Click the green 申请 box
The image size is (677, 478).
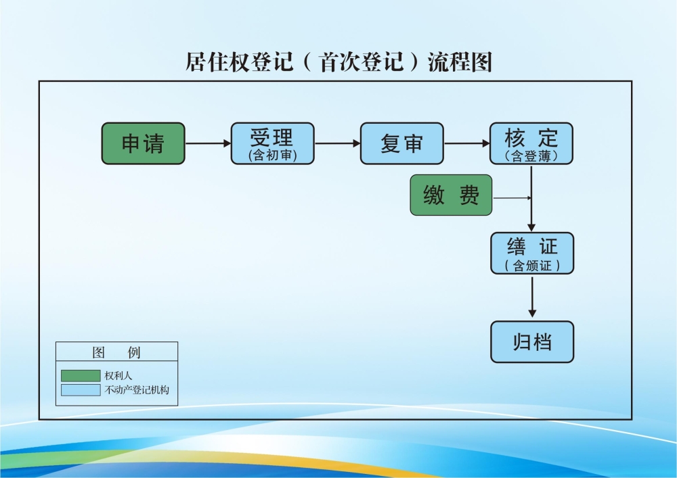pyautogui.click(x=143, y=143)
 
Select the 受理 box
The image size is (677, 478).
pyautogui.click(x=273, y=143)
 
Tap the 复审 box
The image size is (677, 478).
pyautogui.click(x=402, y=143)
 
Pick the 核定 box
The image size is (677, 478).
pyautogui.click(x=531, y=143)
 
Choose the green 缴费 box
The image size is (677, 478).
pyautogui.click(x=451, y=195)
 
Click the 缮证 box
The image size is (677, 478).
pyautogui.click(x=532, y=254)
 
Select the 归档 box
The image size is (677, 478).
pyautogui.click(x=532, y=342)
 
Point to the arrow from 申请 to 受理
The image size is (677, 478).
pyautogui.click(x=208, y=143)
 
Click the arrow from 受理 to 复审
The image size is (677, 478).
pyautogui.click(x=337, y=143)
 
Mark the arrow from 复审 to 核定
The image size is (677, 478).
pyautogui.click(x=466, y=143)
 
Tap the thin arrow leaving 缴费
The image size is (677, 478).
pyautogui.click(x=512, y=198)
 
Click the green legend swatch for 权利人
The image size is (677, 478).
pyautogui.click(x=80, y=375)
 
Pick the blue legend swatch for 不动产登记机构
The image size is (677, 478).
pyautogui.click(x=80, y=390)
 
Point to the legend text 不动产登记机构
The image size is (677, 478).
pyautogui.click(x=137, y=390)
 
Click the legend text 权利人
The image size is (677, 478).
pyautogui.click(x=118, y=375)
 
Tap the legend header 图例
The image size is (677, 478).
pyautogui.click(x=116, y=353)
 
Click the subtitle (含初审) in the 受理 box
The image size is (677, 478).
pyautogui.click(x=273, y=156)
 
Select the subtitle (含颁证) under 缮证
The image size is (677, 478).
pyautogui.click(x=532, y=266)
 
